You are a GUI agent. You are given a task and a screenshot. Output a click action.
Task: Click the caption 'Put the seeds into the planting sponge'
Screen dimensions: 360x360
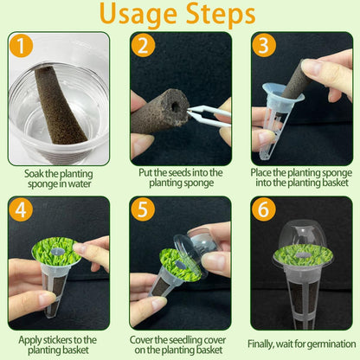180,177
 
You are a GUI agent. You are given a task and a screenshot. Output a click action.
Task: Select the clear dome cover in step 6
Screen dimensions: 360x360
302,232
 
